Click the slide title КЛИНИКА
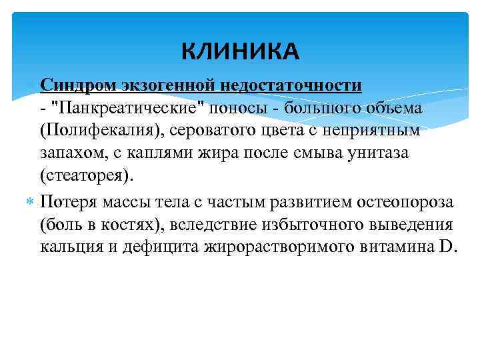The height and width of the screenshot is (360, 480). point(241,51)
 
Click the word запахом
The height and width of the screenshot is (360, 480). point(69,153)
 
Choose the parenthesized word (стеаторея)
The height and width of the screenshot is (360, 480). point(86,175)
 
